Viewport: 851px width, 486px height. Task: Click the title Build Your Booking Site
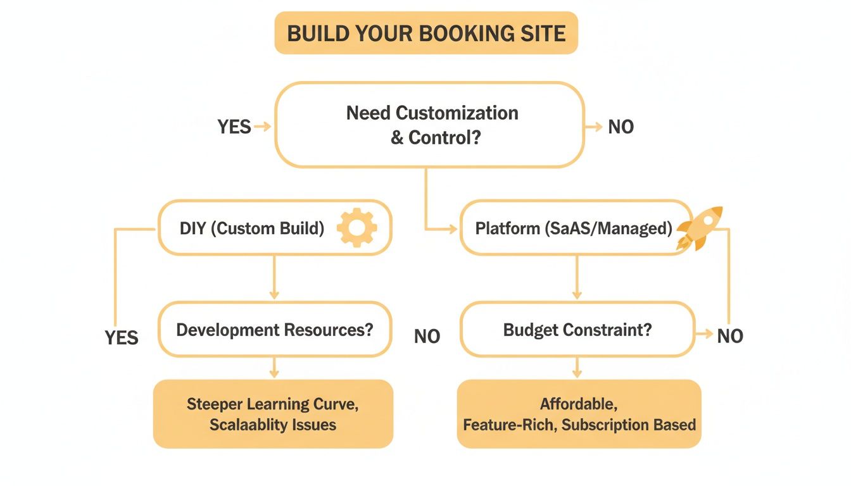click(426, 33)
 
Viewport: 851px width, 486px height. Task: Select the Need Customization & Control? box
click(429, 125)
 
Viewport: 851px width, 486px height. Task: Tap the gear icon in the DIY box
click(357, 227)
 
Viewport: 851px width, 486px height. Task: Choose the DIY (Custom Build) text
click(252, 228)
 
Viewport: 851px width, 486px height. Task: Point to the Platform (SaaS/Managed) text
click(574, 228)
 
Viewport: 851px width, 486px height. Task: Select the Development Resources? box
click(274, 330)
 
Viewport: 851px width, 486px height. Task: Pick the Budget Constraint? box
click(577, 330)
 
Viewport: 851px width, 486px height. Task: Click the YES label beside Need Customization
click(234, 127)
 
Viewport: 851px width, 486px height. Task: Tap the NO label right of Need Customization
click(621, 127)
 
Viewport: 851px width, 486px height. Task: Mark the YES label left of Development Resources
click(122, 337)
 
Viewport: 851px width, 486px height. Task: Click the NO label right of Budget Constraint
click(730, 336)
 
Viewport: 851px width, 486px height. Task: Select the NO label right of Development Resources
click(427, 337)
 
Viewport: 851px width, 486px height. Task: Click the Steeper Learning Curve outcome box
click(273, 414)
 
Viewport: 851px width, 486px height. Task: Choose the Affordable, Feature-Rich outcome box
click(579, 414)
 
